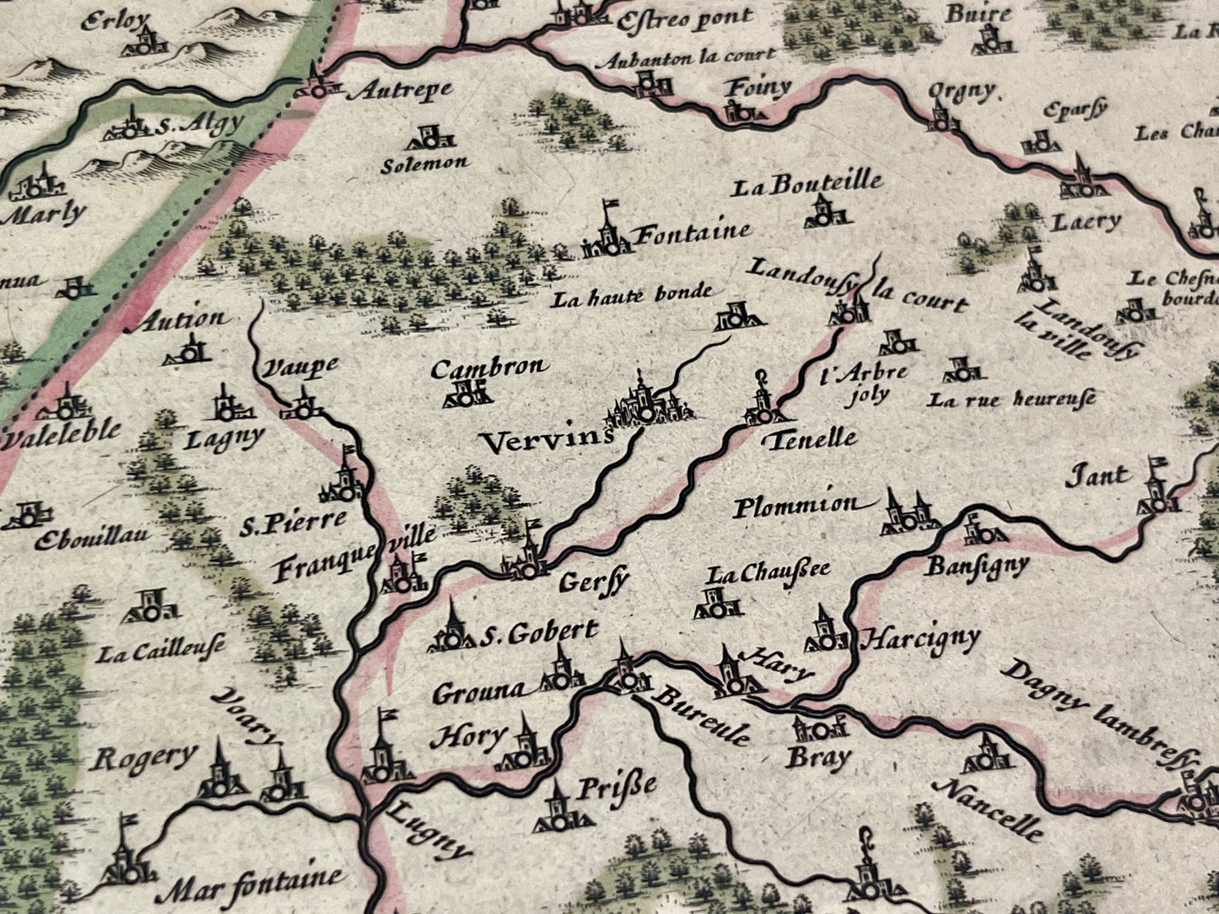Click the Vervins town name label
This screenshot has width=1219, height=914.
click(544, 439)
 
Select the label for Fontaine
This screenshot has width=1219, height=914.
click(692, 232)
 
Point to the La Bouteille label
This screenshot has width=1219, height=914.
click(806, 184)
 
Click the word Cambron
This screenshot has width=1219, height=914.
click(488, 368)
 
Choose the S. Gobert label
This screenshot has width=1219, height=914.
click(538, 633)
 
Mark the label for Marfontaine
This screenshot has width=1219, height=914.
click(253, 881)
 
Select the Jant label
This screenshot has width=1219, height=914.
click(1098, 476)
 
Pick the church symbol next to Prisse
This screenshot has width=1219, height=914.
click(558, 808)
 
